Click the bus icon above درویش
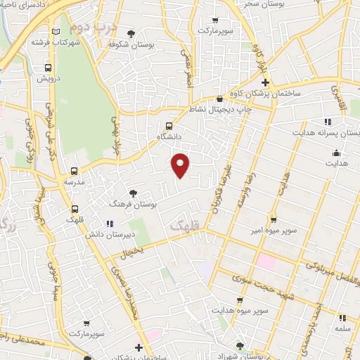[48, 68]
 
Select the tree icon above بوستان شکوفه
[131, 33]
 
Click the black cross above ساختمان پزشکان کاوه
[265, 83]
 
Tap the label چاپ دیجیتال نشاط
[221, 108]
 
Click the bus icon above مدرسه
[75, 171]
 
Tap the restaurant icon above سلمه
[342, 318]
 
